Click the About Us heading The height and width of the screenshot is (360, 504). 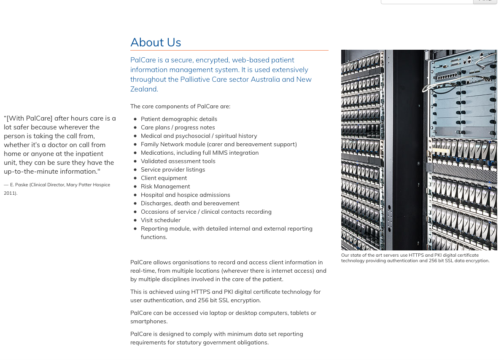pos(156,43)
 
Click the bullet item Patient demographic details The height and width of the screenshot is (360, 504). pos(179,119)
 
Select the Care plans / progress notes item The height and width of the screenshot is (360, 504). pos(178,128)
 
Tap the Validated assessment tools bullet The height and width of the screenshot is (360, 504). pos(178,161)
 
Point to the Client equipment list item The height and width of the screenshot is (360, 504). pos(164,178)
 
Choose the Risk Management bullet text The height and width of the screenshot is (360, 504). pos(165,187)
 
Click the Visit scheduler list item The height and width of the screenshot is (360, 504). pos(160,220)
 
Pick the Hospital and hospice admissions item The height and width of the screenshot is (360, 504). pos(185,195)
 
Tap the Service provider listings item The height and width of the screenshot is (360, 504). pos(173,170)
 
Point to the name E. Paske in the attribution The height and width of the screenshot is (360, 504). pos(19,185)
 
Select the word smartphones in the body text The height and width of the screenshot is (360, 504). pos(148,322)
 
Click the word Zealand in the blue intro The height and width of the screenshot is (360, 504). pos(143,89)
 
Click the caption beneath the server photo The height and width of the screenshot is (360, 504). pos(415,258)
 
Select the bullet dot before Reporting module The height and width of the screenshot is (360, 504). pos(135,229)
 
